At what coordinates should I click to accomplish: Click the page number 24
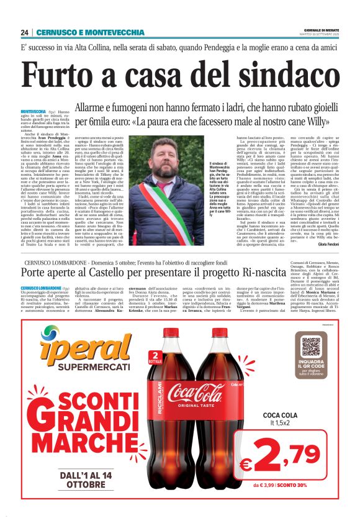[24, 32]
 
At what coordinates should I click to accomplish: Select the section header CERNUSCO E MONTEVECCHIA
[90, 32]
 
